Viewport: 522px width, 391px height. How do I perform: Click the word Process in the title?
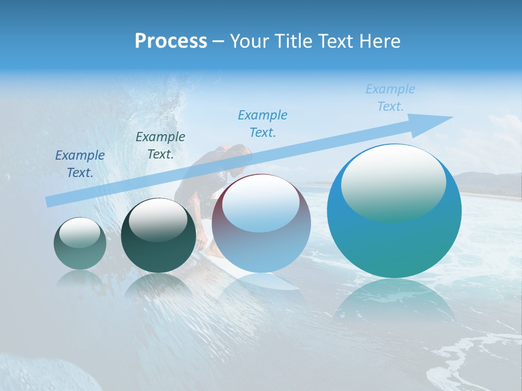pyautogui.click(x=171, y=41)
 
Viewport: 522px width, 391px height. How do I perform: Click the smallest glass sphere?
pyautogui.click(x=80, y=243)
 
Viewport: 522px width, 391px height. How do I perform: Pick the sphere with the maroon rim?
pyautogui.click(x=261, y=224)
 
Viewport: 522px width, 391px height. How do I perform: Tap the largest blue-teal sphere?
pyautogui.click(x=394, y=239)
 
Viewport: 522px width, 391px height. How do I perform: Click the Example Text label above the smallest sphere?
pyautogui.click(x=80, y=163)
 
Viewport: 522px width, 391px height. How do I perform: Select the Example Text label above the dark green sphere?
pyautogui.click(x=160, y=145)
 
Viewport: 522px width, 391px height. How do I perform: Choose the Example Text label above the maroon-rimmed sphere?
pyautogui.click(x=263, y=123)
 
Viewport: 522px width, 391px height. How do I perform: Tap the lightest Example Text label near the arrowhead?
pyautogui.click(x=390, y=98)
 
